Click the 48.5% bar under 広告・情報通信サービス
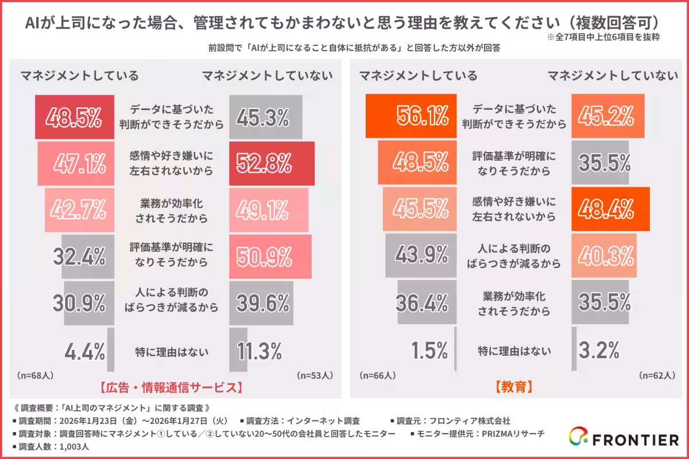[x=75, y=117]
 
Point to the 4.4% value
[x=84, y=349]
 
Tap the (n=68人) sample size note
[x=36, y=376]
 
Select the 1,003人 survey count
[x=73, y=446]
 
